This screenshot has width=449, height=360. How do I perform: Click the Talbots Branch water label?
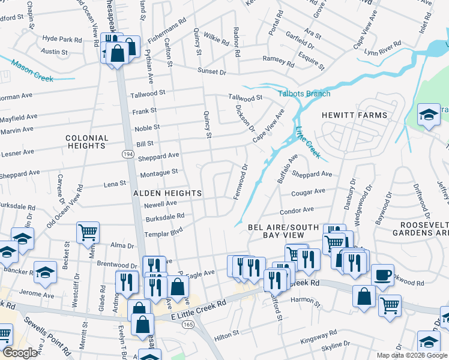pyautogui.click(x=304, y=94)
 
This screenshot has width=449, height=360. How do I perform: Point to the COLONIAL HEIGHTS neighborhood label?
pyautogui.click(x=87, y=142)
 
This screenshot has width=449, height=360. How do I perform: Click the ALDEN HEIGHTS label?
pyautogui.click(x=167, y=193)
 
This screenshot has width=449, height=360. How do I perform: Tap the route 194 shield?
pyautogui.click(x=128, y=155)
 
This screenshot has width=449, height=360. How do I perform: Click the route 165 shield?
pyautogui.click(x=188, y=325)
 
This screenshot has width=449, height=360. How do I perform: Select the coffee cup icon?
pyautogui.click(x=382, y=276)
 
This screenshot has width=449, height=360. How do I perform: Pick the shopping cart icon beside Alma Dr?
pyautogui.click(x=88, y=231)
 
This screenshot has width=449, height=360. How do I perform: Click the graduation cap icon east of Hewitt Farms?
pyautogui.click(x=429, y=114)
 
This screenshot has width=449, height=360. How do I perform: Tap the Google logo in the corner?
pyautogui.click(x=20, y=353)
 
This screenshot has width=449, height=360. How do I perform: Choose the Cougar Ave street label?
pyautogui.click(x=308, y=193)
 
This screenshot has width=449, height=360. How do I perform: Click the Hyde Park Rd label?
pyautogui.click(x=62, y=39)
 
